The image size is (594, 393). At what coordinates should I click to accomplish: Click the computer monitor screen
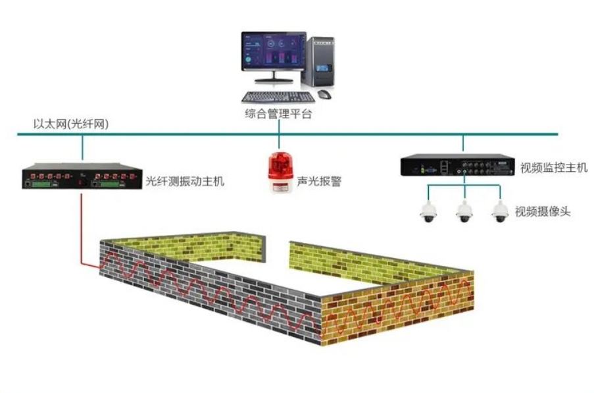click(x=274, y=51)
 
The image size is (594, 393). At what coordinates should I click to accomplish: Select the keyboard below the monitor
click(x=278, y=97)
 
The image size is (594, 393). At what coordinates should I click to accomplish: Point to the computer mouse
click(x=324, y=93)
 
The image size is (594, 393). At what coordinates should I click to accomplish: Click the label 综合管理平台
click(x=278, y=113)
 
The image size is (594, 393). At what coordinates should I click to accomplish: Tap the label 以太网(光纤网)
click(x=71, y=124)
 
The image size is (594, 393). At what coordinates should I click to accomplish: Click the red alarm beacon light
click(x=280, y=172)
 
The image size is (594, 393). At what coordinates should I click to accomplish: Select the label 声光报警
click(x=319, y=181)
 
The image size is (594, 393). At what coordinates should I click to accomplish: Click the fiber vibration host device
click(x=82, y=176)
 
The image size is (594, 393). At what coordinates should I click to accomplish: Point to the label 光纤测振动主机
click(x=185, y=181)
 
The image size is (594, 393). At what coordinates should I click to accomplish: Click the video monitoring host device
click(x=458, y=165)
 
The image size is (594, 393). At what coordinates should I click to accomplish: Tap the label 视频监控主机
click(x=553, y=167)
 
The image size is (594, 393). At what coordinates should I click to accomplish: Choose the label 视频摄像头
click(x=543, y=211)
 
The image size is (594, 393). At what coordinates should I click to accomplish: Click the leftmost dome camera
click(x=428, y=211)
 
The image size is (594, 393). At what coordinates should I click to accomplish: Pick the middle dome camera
click(x=464, y=211)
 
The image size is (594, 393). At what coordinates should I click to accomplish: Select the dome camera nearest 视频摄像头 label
click(x=500, y=211)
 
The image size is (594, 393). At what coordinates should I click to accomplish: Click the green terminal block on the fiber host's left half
click(x=42, y=184)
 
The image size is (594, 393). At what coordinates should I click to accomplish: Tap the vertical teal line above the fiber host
click(x=82, y=147)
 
